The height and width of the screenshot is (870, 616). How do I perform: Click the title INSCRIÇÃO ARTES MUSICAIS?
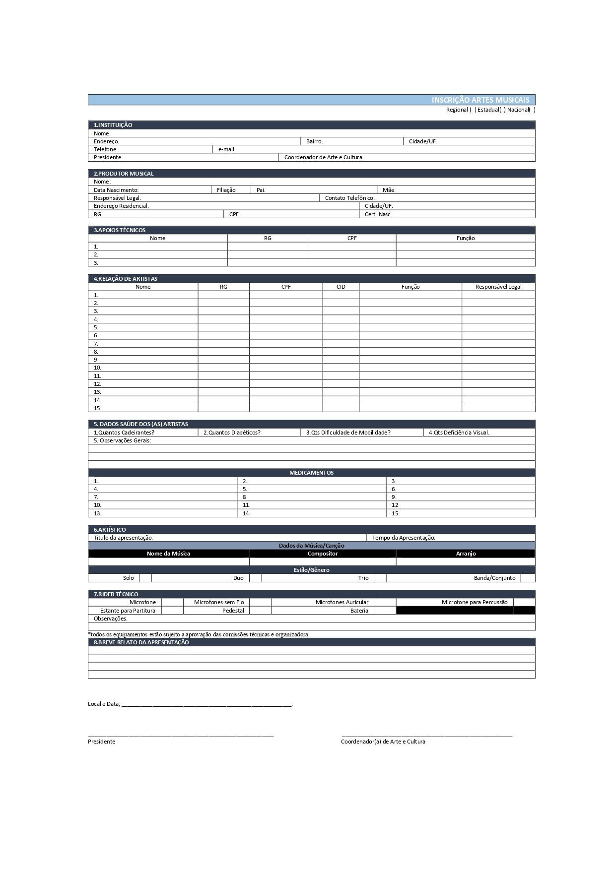click(480, 100)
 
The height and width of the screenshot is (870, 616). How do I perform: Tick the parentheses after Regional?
click(473, 110)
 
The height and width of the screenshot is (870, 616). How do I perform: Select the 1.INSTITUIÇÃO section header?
click(113, 125)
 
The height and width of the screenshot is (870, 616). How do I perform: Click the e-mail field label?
click(227, 149)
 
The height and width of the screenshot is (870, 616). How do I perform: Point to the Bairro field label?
click(314, 141)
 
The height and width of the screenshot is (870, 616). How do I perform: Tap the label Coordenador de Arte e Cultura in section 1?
click(324, 157)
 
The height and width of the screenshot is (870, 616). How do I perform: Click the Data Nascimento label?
click(116, 190)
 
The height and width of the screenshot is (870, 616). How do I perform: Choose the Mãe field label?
click(389, 190)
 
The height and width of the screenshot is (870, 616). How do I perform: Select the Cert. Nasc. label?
click(378, 214)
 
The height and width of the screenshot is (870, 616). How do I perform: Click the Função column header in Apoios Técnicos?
click(466, 238)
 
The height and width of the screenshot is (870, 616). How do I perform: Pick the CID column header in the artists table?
click(341, 287)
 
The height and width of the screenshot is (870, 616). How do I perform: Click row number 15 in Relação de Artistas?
click(97, 408)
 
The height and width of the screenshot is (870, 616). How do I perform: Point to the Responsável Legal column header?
click(498, 287)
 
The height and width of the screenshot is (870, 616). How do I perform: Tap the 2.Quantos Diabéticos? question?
click(232, 433)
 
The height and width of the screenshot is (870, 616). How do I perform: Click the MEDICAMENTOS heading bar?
click(311, 473)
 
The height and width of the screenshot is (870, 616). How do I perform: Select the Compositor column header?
click(323, 554)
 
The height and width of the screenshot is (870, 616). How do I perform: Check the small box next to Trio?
click(380, 578)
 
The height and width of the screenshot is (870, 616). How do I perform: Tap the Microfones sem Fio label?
click(219, 602)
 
